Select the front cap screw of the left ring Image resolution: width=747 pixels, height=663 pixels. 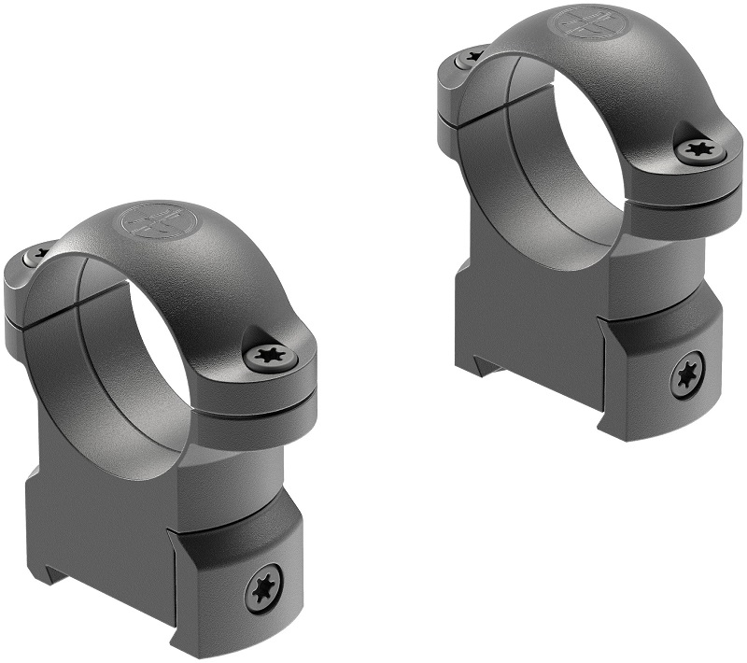click(271, 355)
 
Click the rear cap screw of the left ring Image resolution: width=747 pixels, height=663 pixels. click(40, 253)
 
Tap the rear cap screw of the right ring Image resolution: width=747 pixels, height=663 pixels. click(472, 57)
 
